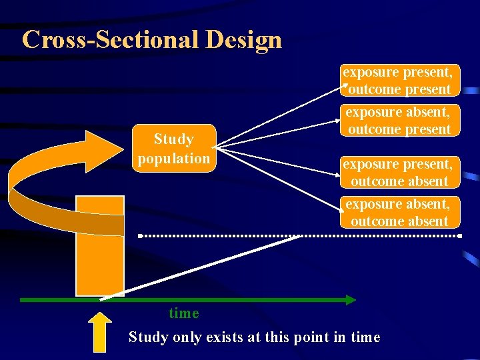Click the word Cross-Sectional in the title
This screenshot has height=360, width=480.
(111, 40)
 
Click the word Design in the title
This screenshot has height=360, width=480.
(244, 40)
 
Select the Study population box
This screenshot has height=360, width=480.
(173, 148)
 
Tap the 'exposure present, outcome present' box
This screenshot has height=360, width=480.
(399, 81)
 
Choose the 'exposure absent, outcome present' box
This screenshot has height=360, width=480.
(399, 121)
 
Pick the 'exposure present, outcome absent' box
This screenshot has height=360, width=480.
(399, 172)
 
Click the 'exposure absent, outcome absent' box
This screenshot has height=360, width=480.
(399, 213)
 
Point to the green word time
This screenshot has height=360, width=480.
(184, 313)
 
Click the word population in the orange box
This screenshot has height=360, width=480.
(173, 159)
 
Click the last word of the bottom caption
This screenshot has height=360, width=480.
(365, 337)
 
